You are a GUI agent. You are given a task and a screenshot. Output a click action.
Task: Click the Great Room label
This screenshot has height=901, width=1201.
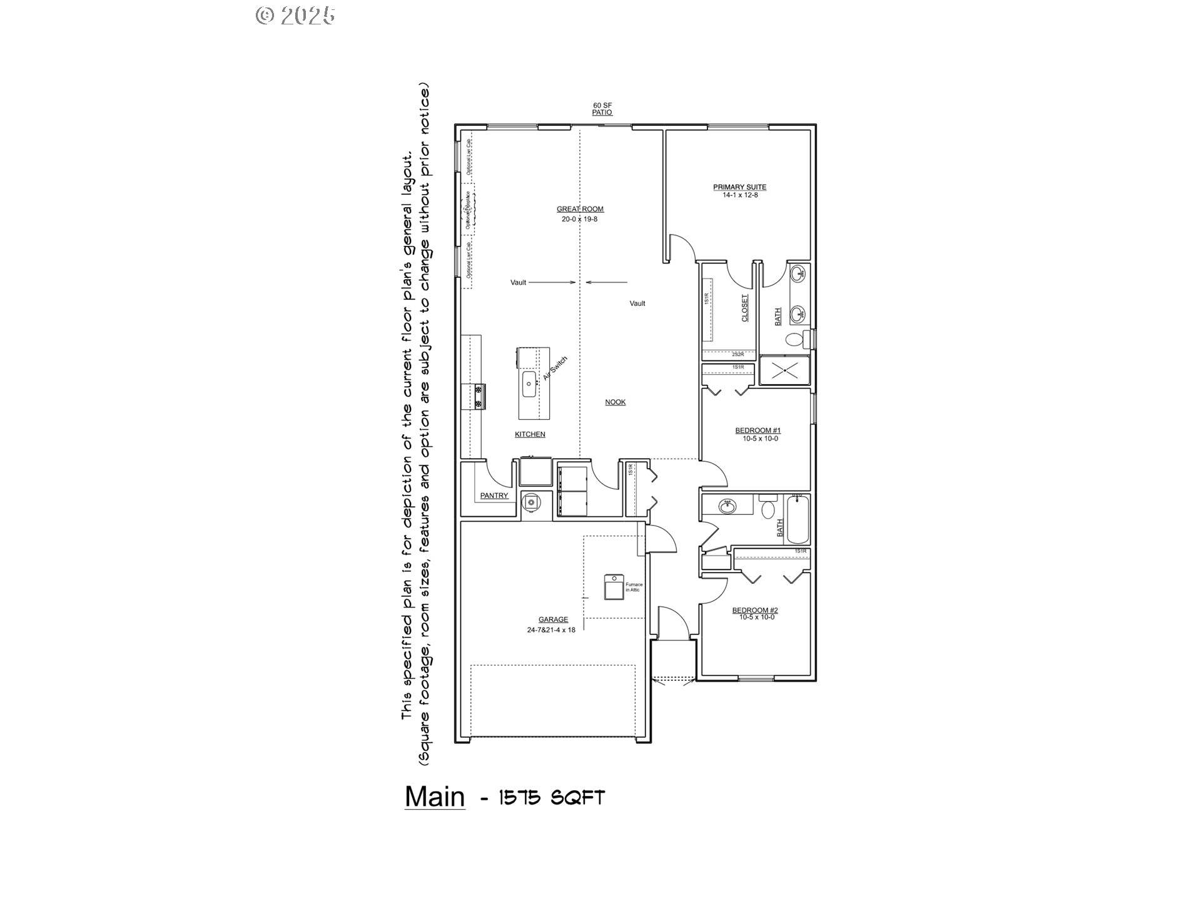[580, 209]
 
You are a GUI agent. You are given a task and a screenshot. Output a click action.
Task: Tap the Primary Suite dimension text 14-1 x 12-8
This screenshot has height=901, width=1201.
[739, 195]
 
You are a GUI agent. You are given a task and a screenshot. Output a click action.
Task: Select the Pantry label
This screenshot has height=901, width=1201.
[494, 496]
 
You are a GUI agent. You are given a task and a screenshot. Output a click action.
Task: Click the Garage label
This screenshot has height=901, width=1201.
[553, 619]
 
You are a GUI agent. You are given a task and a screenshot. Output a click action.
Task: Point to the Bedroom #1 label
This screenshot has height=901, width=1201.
[758, 430]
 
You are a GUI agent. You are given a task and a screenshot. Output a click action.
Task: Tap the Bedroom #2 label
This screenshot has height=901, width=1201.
[755, 610]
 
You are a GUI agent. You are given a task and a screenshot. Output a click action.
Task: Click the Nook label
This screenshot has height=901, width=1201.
[615, 402]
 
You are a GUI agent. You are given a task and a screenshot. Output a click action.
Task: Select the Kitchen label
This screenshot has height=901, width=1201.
[530, 434]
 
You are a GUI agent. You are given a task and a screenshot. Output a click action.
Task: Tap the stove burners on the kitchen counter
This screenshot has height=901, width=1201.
[479, 397]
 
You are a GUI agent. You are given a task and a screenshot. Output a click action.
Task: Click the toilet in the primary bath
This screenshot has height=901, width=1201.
[794, 340]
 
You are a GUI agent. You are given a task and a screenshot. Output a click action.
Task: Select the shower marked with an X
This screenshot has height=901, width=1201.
[784, 371]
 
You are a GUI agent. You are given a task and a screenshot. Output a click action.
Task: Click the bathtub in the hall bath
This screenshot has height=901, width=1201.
[798, 519]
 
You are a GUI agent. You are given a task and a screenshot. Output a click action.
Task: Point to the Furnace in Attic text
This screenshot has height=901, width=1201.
[634, 587]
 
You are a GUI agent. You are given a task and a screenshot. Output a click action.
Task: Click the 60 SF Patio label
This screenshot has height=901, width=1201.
[602, 109]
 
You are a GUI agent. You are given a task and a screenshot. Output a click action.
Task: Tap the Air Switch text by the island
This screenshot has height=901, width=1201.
[555, 369]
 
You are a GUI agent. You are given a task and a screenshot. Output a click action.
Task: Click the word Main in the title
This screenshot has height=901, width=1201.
[435, 797]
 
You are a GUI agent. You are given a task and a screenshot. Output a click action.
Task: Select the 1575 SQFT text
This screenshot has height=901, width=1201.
[552, 798]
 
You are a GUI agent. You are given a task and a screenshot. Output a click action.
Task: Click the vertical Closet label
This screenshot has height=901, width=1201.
[744, 308]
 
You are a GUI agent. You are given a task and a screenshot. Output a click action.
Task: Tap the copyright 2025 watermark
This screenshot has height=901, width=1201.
[295, 15]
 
